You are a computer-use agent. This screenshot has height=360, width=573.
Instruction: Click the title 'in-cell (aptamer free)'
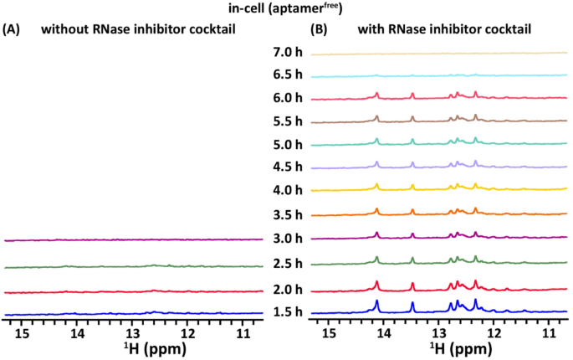[287, 9]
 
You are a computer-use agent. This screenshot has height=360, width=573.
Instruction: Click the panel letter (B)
[320, 29]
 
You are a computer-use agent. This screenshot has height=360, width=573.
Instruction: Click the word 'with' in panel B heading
[372, 29]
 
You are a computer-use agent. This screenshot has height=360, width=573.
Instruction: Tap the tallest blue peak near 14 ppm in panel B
[377, 303]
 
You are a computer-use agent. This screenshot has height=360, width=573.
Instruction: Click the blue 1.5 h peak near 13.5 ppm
[412, 307]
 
